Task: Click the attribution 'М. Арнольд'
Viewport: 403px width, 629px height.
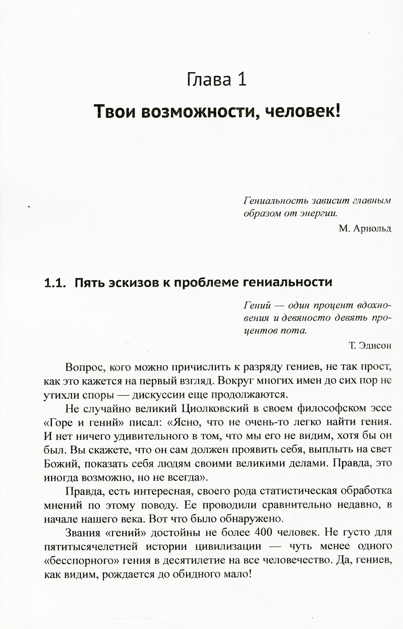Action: pos(365,228)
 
